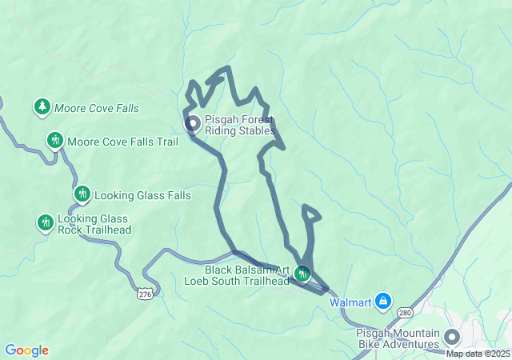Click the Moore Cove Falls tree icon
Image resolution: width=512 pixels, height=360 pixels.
point(42,106)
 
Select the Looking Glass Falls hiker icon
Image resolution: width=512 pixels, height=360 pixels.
point(82,194)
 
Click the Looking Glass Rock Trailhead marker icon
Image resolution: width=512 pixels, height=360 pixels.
point(45,222)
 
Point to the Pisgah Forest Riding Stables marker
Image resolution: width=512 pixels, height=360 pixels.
point(193,124)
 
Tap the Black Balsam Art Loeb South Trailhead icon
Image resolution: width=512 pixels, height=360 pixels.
point(302,274)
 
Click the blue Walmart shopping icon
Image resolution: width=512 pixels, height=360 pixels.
point(384,301)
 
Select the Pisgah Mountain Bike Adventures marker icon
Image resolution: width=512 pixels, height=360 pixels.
point(452,337)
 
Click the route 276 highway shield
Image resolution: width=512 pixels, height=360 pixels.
point(145,294)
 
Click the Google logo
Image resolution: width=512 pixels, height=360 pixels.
point(27,350)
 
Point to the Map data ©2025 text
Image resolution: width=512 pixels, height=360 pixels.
point(478,354)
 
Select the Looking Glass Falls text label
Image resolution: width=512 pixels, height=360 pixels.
point(142,195)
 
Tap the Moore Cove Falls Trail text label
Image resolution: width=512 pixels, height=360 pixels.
point(122,142)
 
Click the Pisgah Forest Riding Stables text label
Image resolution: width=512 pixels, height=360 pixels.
point(239,125)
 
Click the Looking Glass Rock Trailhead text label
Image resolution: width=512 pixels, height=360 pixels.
point(94,224)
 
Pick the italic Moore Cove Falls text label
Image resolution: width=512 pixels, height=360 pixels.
point(96,107)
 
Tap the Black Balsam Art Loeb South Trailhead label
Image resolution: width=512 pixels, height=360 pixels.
point(237,275)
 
